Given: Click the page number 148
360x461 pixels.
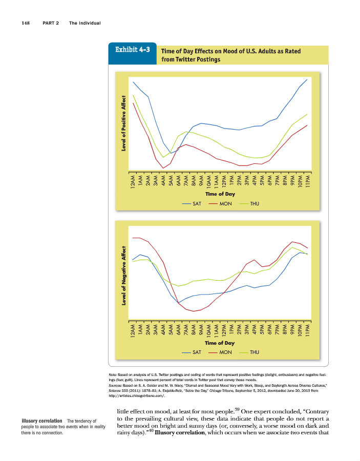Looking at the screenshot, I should [x=26, y=23].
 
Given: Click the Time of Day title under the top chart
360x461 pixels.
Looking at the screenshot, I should [x=220, y=194].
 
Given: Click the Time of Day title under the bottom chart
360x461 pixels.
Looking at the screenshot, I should [x=220, y=343].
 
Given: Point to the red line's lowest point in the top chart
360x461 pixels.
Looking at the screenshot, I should [x=163, y=168].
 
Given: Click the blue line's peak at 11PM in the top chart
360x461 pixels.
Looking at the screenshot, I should [x=307, y=79].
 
